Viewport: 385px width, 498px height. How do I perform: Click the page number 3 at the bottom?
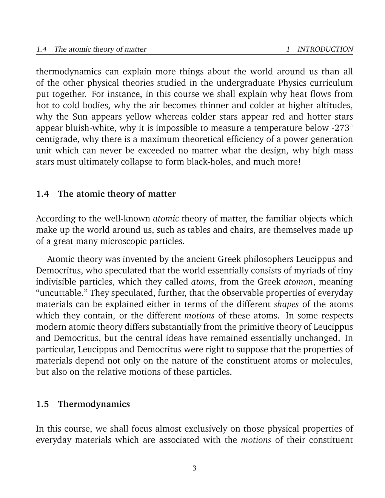[x=194, y=469]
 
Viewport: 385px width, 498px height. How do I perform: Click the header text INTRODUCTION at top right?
[x=325, y=49]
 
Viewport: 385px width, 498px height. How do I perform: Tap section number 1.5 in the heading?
[x=43, y=404]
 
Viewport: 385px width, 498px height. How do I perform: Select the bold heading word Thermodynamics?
[x=94, y=404]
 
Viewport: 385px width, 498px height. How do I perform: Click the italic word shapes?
[x=286, y=304]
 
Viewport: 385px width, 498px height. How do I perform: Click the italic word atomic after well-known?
[x=166, y=219]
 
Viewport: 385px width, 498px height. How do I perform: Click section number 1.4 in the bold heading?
[x=43, y=194]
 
